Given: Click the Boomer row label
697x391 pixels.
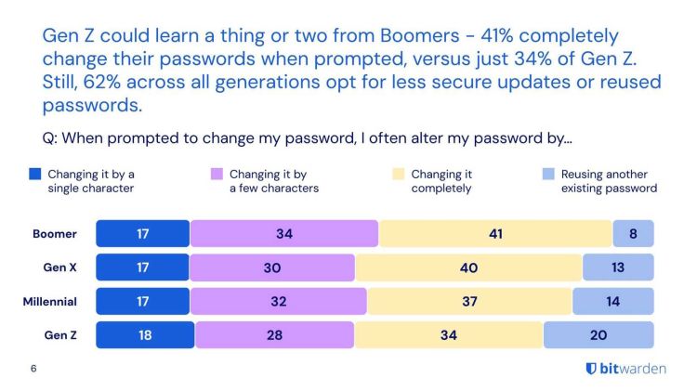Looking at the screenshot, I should point(52,234).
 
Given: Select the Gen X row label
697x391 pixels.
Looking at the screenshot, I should point(59,267).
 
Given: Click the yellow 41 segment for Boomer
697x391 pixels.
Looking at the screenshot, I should point(495,234).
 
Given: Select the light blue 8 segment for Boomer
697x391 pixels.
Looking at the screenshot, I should point(633,234).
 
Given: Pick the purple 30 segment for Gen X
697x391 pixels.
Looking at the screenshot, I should point(271,267).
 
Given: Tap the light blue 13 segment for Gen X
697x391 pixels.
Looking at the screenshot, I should point(618,267).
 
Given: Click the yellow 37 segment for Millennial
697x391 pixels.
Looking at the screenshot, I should point(468,301).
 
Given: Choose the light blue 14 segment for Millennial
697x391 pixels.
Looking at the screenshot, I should point(612,301).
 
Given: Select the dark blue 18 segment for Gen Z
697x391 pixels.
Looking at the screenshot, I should point(145,334).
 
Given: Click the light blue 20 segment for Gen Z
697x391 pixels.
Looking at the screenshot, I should point(598,334).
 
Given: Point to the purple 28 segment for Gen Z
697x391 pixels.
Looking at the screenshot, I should point(274,334).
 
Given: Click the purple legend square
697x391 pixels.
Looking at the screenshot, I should point(217,174).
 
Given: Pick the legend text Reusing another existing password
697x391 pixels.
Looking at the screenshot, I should point(609,181).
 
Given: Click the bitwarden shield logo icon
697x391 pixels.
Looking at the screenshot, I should point(591,369).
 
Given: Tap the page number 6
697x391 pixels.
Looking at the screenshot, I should point(33,369).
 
